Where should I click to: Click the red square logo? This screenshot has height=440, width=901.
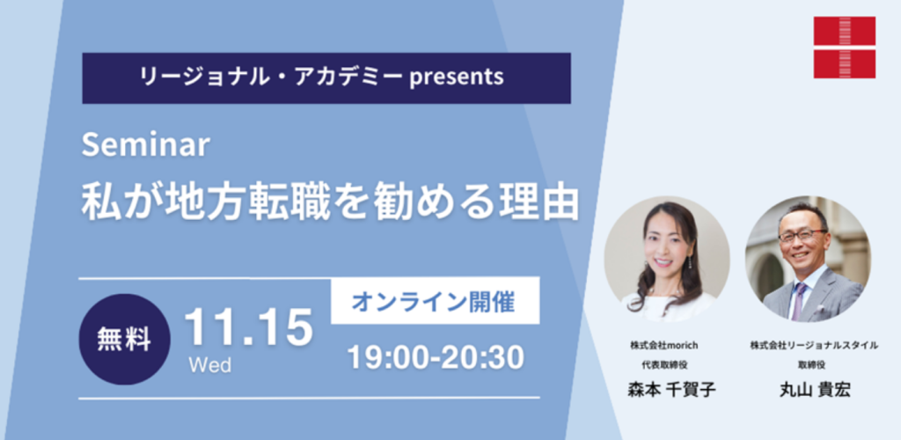coord(844,48)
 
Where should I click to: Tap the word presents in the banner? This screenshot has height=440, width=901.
coord(457,77)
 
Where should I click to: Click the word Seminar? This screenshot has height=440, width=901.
coord(144,144)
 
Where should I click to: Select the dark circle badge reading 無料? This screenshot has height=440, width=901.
coord(124,340)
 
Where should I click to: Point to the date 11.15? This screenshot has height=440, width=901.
coord(249,328)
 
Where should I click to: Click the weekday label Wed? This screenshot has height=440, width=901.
coord(209,364)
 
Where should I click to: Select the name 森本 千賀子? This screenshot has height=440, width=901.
coord(671,390)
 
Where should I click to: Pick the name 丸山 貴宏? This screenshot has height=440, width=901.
coord(813,390)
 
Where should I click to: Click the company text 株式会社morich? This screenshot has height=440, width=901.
coord(663,345)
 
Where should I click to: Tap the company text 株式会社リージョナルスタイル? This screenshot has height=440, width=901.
coord(814,345)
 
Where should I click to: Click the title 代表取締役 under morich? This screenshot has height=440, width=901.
coord(665,363)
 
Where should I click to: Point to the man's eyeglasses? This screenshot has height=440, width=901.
coord(802,235)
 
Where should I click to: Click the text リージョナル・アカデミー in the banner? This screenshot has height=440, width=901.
coord(272,77)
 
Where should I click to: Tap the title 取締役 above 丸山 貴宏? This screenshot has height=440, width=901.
coord(814,363)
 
